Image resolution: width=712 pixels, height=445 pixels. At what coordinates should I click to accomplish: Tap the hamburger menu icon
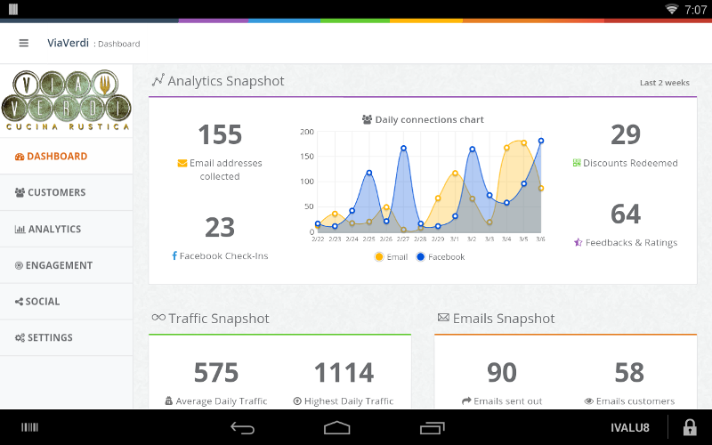click(x=23, y=43)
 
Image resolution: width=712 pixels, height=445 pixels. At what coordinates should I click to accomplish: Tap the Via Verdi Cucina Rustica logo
click(x=66, y=101)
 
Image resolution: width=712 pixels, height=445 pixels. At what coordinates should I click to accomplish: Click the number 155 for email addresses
click(x=220, y=134)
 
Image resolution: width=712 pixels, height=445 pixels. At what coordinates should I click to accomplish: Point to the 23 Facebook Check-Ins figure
click(x=220, y=228)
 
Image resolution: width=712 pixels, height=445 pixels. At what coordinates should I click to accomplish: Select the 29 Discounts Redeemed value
click(x=626, y=134)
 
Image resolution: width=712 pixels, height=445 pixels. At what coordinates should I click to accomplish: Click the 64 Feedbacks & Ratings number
click(x=626, y=214)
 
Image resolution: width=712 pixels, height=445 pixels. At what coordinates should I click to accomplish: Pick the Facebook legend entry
click(x=440, y=257)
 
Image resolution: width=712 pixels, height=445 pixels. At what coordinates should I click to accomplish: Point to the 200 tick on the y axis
click(x=307, y=132)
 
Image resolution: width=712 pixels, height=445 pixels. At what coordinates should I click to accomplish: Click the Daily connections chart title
click(x=423, y=119)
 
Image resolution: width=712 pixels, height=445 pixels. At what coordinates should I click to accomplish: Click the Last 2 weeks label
click(x=664, y=83)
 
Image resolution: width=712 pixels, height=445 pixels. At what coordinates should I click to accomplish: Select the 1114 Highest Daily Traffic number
click(x=343, y=372)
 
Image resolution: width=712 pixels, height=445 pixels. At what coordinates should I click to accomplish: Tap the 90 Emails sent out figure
click(x=502, y=372)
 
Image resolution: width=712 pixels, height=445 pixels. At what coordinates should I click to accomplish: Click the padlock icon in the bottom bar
click(x=689, y=427)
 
